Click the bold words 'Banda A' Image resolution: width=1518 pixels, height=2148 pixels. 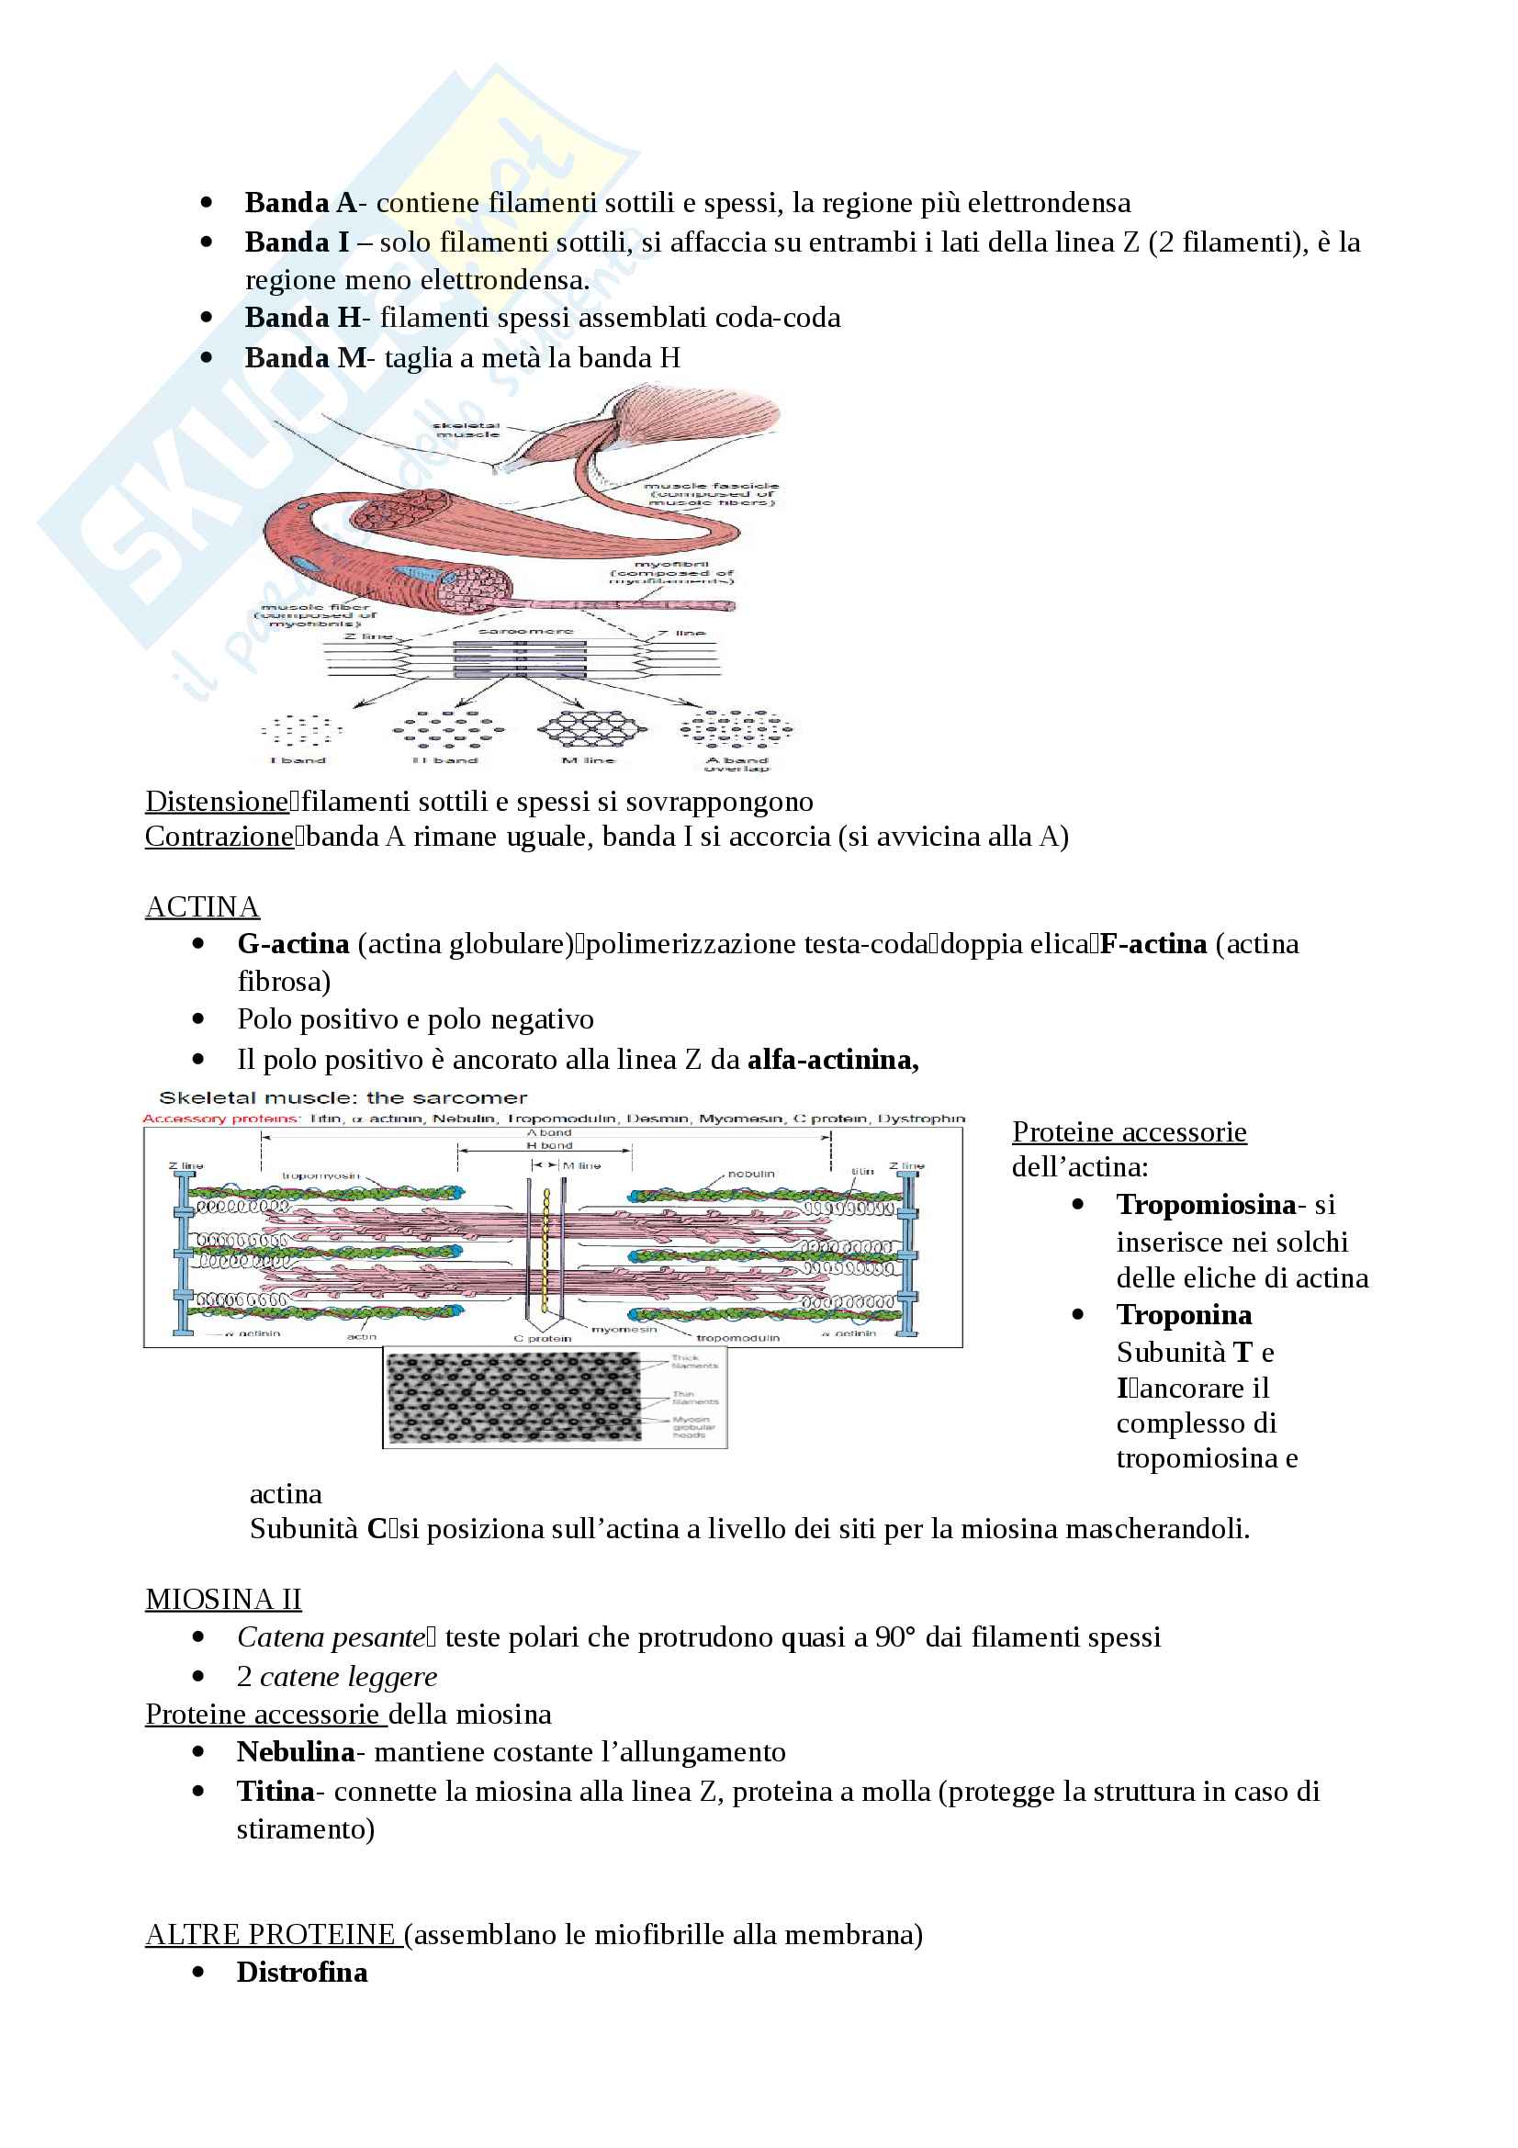click(300, 203)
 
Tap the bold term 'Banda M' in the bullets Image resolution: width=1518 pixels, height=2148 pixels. click(305, 357)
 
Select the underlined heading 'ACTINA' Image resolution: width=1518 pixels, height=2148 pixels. click(202, 906)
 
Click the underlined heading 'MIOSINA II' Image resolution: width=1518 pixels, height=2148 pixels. click(223, 1599)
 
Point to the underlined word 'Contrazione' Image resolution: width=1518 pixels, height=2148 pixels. click(219, 836)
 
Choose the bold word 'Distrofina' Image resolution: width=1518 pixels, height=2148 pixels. click(302, 1972)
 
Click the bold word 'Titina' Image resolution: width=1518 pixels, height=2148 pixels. click(275, 1791)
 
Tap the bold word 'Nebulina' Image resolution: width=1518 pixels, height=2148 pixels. click(296, 1751)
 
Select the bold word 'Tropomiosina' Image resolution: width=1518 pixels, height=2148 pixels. click(1206, 1204)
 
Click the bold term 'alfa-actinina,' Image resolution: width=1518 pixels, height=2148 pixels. click(832, 1059)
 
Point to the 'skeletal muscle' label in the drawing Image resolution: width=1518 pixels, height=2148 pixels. click(467, 430)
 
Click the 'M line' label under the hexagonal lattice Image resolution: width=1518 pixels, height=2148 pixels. click(588, 759)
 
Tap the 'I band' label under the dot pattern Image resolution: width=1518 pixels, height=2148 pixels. click(298, 759)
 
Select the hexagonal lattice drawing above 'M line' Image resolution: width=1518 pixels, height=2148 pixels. click(590, 729)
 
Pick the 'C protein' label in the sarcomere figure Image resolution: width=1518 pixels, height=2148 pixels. click(543, 1339)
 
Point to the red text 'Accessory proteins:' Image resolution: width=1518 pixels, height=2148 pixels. click(221, 1118)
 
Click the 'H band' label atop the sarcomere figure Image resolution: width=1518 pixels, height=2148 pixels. click(549, 1145)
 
